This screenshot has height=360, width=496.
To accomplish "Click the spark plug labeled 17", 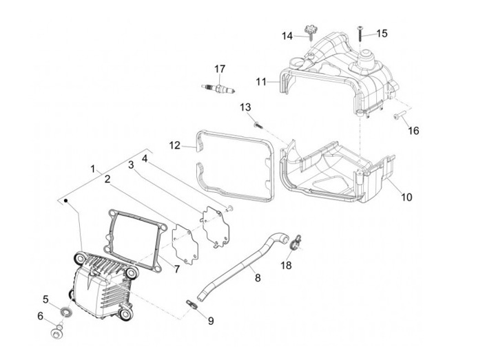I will pyautogui.click(x=218, y=88).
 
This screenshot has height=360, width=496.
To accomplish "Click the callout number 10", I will pyautogui.click(x=406, y=197).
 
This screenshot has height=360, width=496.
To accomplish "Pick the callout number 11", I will pyautogui.click(x=261, y=81).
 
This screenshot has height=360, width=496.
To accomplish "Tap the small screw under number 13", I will pyautogui.click(x=257, y=125).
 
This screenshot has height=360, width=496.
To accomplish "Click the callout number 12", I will pyautogui.click(x=174, y=145).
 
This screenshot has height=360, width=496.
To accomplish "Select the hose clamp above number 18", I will pyautogui.click(x=294, y=240).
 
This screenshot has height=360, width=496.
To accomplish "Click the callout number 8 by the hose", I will pyautogui.click(x=258, y=278).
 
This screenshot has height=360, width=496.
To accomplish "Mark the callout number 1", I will pyautogui.click(x=92, y=167).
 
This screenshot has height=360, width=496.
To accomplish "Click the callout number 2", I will pyautogui.click(x=107, y=179).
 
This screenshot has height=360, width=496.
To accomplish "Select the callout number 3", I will pyautogui.click(x=130, y=164).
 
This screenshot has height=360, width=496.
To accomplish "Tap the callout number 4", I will pyautogui.click(x=145, y=158).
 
